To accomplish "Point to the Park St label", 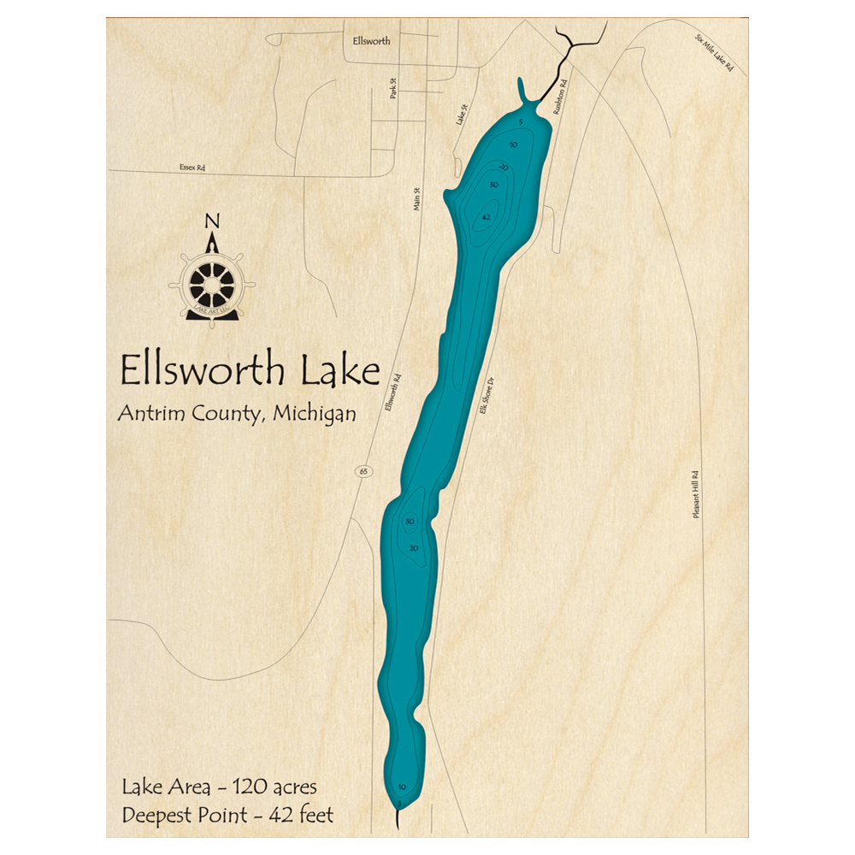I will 393,88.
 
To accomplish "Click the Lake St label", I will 462,114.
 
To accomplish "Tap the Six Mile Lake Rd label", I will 715,58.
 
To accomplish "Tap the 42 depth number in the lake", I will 486,217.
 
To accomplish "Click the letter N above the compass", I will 211,223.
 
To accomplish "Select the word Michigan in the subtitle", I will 313,414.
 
